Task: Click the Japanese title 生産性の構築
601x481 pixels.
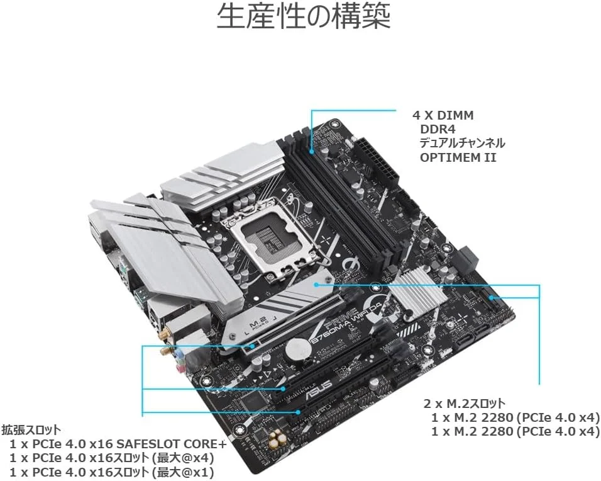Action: coord(304,16)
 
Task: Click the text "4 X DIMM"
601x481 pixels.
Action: coord(443,115)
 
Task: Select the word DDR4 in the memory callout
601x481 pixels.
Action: coord(438,129)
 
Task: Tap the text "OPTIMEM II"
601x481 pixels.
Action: coord(458,157)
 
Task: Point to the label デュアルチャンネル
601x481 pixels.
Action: coord(462,143)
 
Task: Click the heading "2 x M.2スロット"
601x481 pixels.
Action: coord(465,404)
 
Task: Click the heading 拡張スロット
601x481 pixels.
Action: coord(31,429)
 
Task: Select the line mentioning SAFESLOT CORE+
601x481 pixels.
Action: coord(118,444)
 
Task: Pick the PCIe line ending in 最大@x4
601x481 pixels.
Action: coord(112,458)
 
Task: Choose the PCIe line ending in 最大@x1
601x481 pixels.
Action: coord(112,472)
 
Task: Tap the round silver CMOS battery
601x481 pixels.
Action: coord(299,349)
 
